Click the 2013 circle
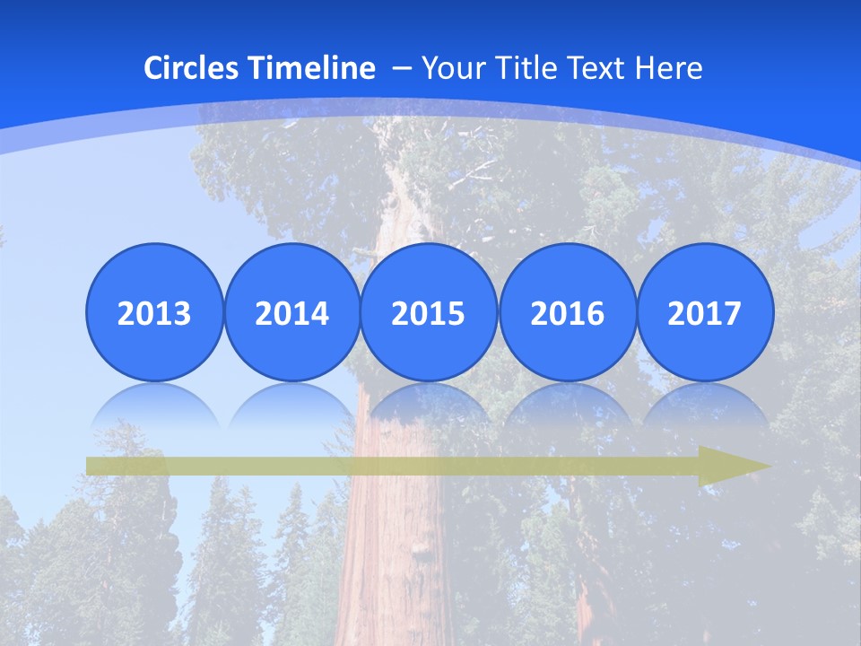154,312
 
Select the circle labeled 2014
291,312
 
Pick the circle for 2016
567,312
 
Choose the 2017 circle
704,312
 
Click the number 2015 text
429,314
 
